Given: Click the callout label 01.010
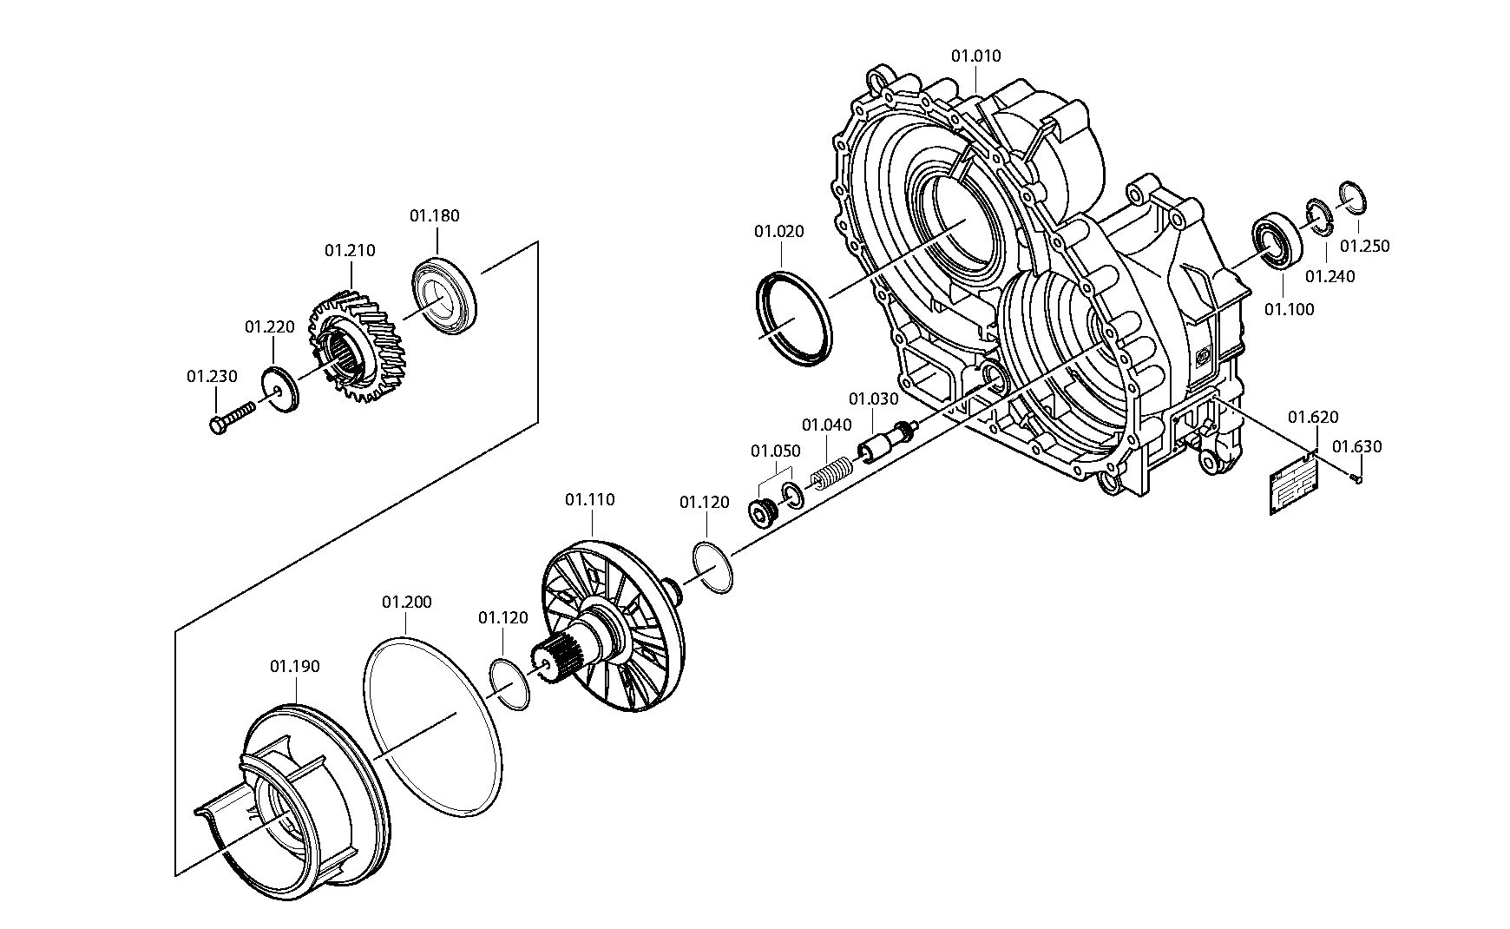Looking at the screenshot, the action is tap(975, 56).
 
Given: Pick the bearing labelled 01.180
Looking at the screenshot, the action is tap(443, 294).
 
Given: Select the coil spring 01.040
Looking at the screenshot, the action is tap(831, 473).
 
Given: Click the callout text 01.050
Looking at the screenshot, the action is tap(775, 451).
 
